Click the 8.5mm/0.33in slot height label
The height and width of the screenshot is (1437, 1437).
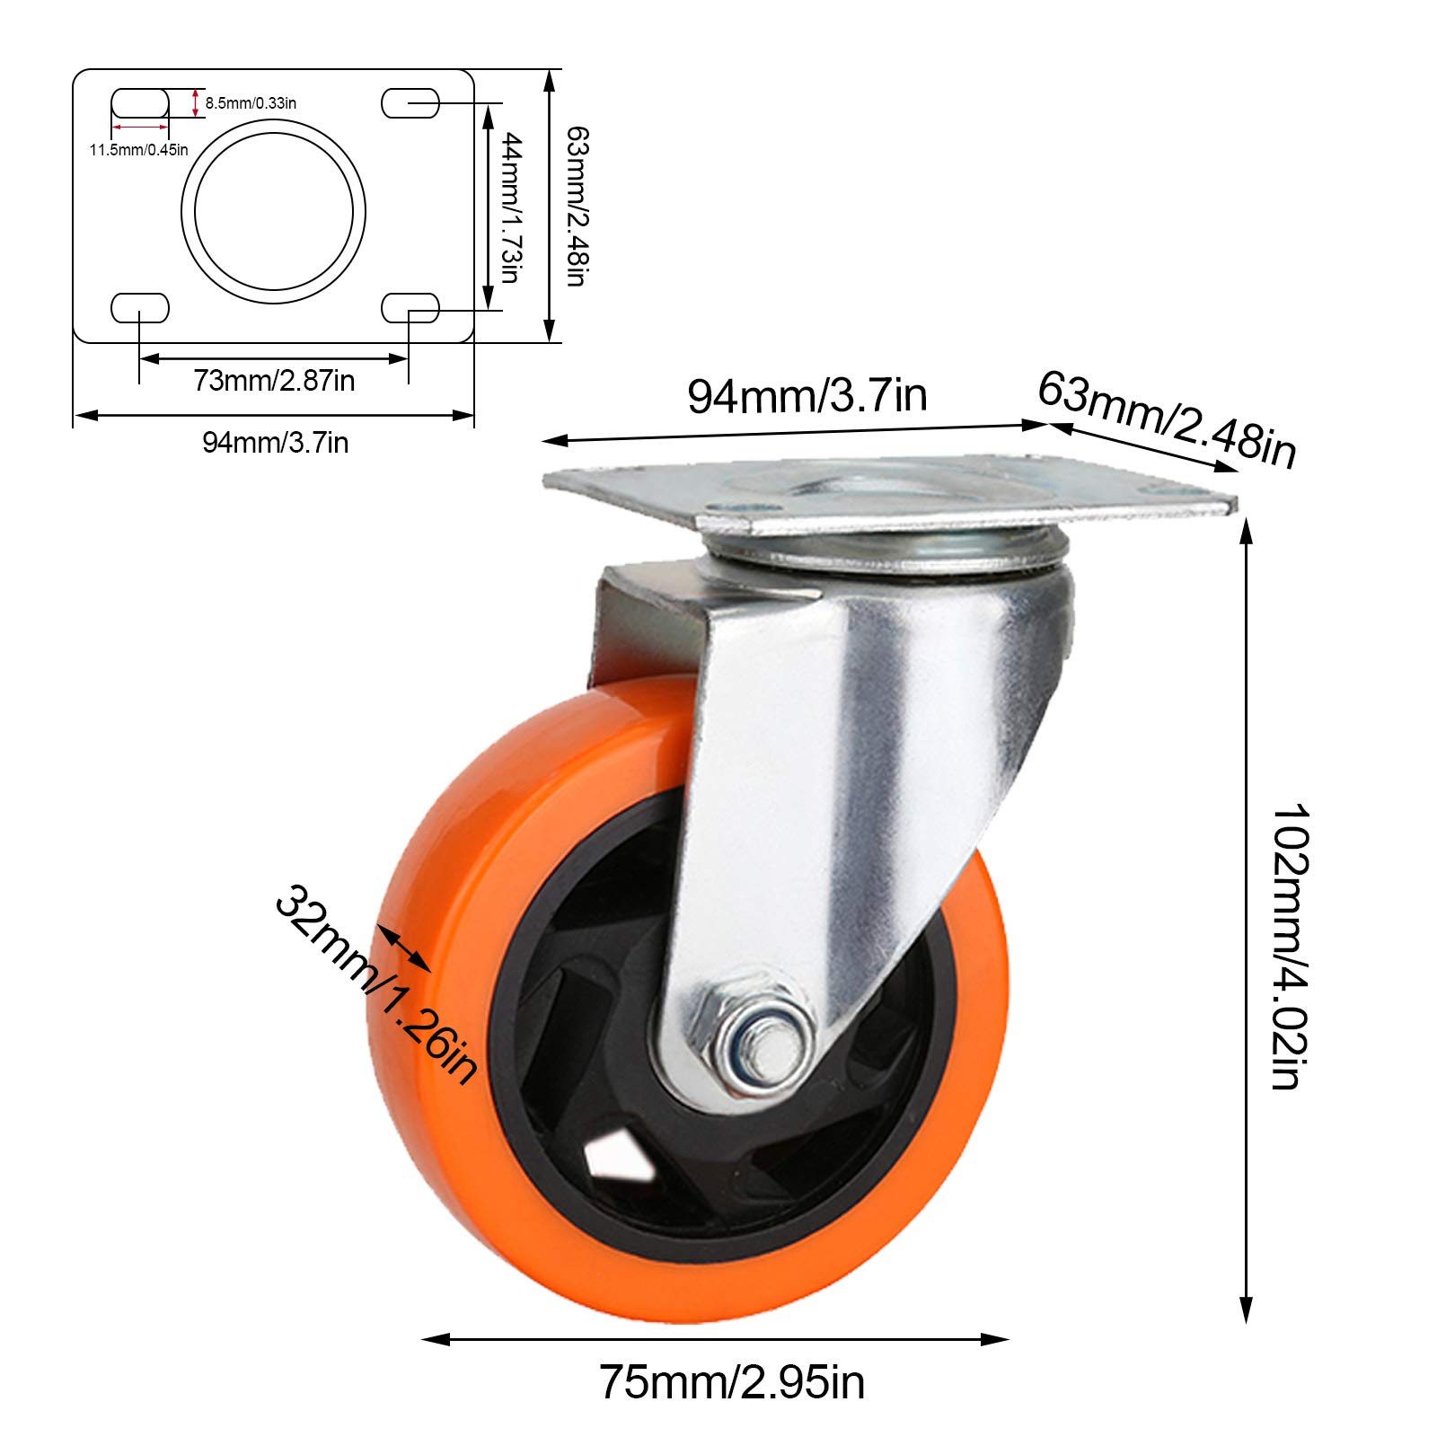pos(251,102)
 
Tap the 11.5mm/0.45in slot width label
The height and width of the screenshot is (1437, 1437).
pos(138,149)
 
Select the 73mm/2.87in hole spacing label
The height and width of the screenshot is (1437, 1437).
pos(274,381)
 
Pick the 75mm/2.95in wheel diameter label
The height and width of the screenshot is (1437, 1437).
pos(732,1382)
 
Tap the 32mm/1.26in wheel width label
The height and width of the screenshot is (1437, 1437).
pos(375,983)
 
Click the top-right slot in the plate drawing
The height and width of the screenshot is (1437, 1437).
pos(410,103)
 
